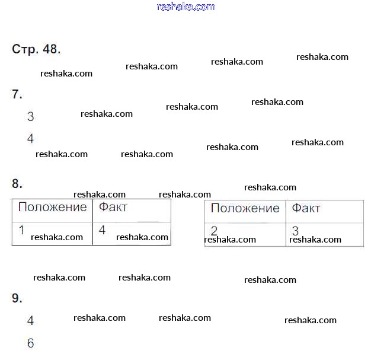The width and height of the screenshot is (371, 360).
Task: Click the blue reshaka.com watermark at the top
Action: [185, 7]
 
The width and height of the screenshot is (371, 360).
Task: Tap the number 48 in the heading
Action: [50, 49]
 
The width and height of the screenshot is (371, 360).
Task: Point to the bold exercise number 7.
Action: [17, 94]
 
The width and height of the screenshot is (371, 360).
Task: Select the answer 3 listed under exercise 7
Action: [31, 117]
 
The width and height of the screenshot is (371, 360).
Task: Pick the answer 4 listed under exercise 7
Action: [31, 139]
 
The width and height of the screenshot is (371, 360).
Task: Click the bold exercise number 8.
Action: [17, 184]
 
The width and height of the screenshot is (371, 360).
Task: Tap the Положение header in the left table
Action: [52, 207]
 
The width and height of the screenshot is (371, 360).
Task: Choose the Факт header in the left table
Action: [113, 207]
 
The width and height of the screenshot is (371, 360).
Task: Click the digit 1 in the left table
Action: [21, 230]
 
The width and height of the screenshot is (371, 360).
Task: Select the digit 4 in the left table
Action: [102, 230]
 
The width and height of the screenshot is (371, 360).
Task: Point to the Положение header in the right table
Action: [245, 208]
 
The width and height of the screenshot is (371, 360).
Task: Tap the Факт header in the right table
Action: [306, 208]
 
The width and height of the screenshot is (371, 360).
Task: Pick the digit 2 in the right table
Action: [214, 231]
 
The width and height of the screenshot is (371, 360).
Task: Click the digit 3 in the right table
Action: [295, 231]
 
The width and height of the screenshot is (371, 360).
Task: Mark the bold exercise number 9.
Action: [17, 299]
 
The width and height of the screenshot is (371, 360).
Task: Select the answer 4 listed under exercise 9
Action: [31, 321]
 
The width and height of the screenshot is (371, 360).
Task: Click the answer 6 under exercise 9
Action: [31, 343]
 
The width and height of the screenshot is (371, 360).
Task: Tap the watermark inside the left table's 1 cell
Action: [57, 237]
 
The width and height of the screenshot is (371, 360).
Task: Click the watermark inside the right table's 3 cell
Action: [315, 240]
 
